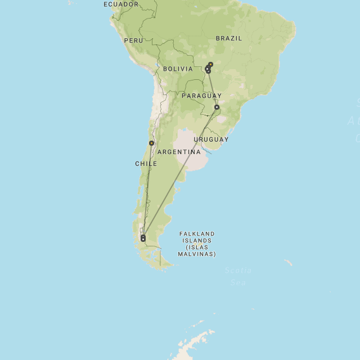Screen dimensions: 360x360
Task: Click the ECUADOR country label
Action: coord(121,4)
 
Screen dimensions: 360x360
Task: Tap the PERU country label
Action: coord(134,40)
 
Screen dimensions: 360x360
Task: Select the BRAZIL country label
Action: coord(229,38)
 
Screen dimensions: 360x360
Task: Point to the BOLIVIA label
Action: coord(178,69)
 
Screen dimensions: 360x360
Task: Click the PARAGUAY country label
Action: coord(201,96)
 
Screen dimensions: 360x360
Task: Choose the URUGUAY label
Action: coord(211,139)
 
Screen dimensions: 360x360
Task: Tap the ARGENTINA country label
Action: coord(179,152)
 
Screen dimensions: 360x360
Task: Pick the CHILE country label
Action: coord(146,164)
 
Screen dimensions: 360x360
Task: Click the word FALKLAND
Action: coord(197,234)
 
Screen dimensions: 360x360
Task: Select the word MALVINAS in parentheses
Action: coord(197,254)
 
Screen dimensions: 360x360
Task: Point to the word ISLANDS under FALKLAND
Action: coord(197,241)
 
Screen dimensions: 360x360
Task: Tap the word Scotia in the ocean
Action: coord(238,271)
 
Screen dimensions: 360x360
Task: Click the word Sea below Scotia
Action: coord(238,283)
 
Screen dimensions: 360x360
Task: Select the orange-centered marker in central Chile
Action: coord(151,143)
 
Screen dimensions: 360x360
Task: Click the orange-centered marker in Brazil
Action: coord(208,69)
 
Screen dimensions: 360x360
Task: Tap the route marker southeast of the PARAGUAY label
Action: coord(217,107)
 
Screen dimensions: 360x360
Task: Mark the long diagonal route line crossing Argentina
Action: coord(180,172)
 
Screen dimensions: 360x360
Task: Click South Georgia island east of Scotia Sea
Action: coord(288,262)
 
